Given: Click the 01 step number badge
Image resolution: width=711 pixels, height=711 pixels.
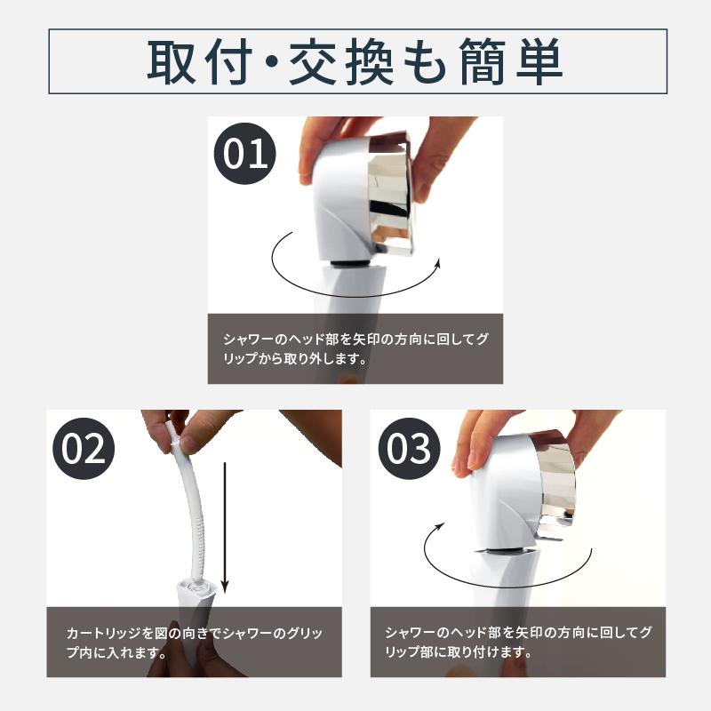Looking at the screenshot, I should tap(245, 154).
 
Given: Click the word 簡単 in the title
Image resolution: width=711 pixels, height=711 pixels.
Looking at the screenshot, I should tap(513, 61).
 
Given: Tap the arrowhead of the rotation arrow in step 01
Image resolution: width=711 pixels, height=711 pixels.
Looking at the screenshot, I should tap(438, 262).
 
